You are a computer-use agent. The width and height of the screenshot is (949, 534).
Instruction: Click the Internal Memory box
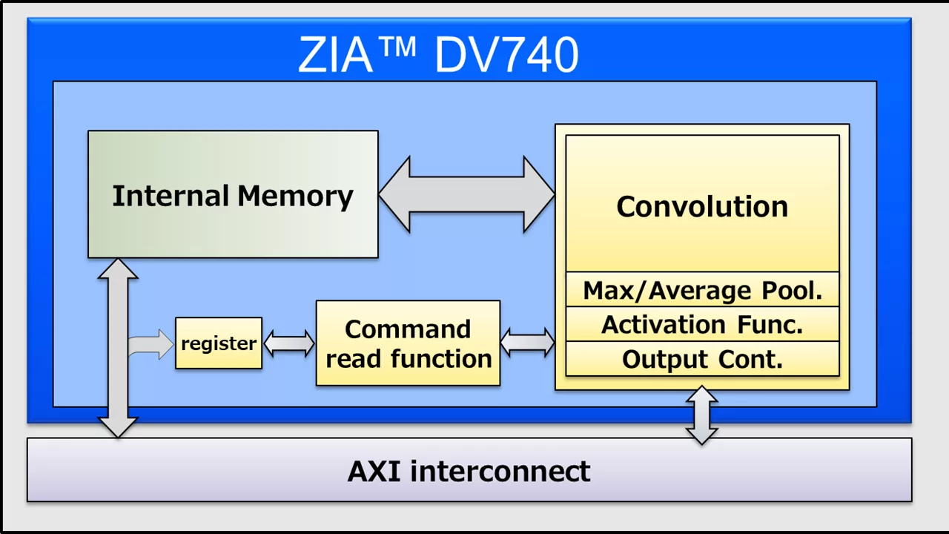(233, 194)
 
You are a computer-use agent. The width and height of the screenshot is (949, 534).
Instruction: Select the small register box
(219, 343)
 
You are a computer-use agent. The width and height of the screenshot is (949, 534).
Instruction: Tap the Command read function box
(408, 343)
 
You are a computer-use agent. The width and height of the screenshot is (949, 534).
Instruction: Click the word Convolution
(702, 206)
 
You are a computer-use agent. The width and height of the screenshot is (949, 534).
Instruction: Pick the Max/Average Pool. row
(702, 290)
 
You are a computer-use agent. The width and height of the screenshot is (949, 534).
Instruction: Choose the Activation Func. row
(702, 324)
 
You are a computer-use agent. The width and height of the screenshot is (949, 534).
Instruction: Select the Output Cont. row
(702, 359)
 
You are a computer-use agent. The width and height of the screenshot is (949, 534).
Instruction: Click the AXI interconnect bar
(469, 470)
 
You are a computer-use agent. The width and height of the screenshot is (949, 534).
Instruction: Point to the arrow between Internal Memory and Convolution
(466, 194)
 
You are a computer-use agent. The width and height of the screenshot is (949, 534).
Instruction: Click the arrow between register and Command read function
(289, 343)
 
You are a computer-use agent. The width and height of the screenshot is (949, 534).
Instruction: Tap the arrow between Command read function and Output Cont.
(527, 343)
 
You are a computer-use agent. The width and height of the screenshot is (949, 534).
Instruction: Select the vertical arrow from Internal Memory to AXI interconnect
(118, 349)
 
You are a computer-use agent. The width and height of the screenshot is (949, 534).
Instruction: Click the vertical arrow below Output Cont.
(701, 415)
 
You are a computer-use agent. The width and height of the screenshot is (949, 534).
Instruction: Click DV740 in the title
(506, 55)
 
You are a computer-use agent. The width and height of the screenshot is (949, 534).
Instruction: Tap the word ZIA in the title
(335, 55)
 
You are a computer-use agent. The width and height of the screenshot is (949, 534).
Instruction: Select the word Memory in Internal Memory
(295, 196)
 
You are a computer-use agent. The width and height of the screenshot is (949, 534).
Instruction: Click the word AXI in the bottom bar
(375, 471)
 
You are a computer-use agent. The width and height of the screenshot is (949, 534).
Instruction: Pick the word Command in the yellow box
(408, 329)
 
